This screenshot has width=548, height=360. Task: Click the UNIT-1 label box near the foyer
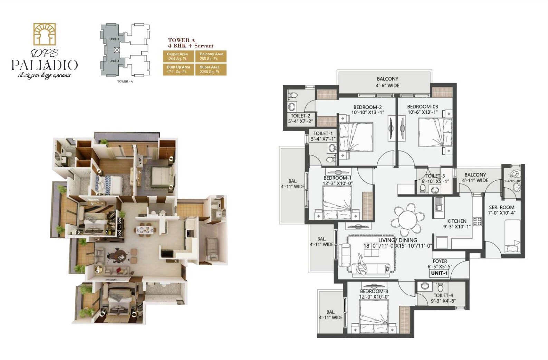(439, 273)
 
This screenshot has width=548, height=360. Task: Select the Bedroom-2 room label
(367, 107)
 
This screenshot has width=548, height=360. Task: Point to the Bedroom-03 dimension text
(422, 112)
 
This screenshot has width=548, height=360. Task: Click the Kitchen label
(456, 221)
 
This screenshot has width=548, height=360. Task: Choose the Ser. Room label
(501, 207)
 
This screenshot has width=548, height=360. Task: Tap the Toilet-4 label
(443, 295)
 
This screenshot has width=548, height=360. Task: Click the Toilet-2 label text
(300, 116)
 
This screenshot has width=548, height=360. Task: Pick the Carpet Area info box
(178, 56)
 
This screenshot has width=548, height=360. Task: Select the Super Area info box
(211, 69)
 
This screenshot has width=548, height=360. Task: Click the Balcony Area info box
(211, 56)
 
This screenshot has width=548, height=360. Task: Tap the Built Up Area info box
(178, 69)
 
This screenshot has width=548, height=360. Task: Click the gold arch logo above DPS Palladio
(44, 34)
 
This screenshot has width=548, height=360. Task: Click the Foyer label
(440, 261)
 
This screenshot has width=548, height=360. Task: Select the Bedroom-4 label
(374, 291)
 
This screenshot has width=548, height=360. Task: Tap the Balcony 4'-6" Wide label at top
(387, 82)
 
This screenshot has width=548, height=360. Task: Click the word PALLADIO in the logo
(44, 65)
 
